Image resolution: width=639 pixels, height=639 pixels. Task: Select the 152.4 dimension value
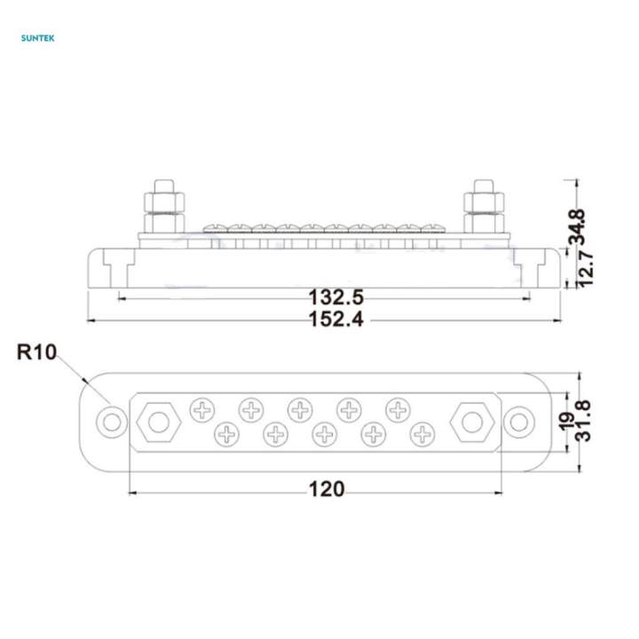point(334,319)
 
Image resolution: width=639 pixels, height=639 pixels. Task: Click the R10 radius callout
point(35,352)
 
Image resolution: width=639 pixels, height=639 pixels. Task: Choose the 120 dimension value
point(327,488)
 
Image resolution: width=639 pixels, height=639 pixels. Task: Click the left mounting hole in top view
point(111,421)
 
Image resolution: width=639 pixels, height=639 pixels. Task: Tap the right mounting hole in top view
point(519,421)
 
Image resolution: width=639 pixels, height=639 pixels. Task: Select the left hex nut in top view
point(158,421)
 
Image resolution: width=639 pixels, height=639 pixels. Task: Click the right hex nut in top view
point(470,421)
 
